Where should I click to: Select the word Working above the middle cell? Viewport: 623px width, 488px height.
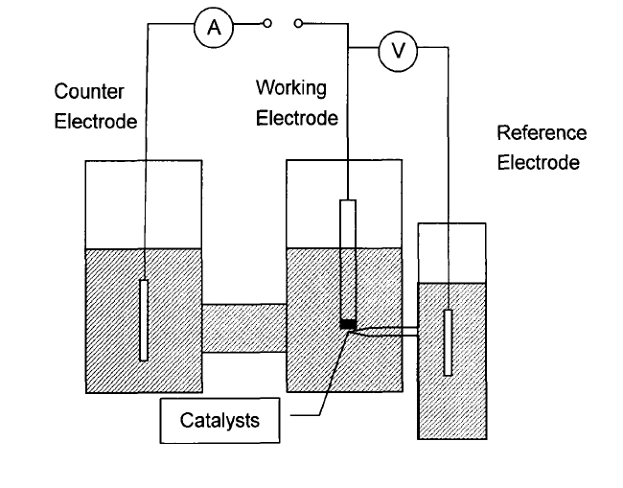(290, 87)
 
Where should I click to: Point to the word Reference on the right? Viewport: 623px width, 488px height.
(542, 133)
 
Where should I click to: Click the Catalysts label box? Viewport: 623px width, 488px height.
(219, 420)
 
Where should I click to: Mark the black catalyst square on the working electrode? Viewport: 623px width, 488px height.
(348, 324)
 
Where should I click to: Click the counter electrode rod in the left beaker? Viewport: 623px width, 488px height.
(144, 319)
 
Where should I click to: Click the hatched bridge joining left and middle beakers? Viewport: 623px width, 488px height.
(244, 327)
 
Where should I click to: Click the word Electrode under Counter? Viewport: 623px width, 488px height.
(96, 122)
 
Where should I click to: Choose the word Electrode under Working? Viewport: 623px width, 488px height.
(297, 119)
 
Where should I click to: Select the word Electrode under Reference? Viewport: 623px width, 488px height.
(538, 163)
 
